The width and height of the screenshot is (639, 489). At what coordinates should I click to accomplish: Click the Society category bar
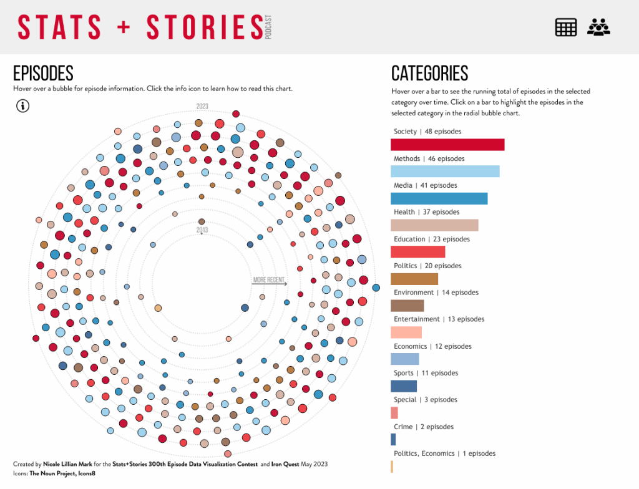(x=447, y=145)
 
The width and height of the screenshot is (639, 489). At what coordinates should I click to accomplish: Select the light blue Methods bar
(x=445, y=172)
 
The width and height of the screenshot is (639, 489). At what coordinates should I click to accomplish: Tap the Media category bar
(x=439, y=198)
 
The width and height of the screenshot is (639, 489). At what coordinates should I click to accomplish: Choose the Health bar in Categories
(x=434, y=225)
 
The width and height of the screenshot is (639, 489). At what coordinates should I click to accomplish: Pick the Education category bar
(x=417, y=252)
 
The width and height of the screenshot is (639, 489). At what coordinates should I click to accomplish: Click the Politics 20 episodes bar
(x=414, y=279)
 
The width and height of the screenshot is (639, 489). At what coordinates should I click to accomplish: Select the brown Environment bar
(x=407, y=306)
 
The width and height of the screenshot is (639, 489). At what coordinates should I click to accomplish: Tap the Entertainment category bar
(x=406, y=332)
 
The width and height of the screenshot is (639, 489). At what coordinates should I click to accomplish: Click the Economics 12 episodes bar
(x=404, y=359)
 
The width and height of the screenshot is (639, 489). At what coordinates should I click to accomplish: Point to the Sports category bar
(x=403, y=386)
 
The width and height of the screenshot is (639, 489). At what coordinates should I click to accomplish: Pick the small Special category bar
(x=394, y=413)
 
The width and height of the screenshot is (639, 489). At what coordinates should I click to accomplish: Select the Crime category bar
(x=393, y=440)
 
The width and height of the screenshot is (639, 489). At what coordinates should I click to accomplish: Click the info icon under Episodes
(x=22, y=106)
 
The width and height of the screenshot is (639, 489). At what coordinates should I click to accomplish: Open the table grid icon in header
(x=565, y=27)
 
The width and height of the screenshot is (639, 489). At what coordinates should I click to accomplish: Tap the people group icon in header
(x=598, y=27)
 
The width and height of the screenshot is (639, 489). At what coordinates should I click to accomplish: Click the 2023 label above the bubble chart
(x=202, y=106)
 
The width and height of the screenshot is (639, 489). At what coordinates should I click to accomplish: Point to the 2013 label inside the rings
(x=202, y=230)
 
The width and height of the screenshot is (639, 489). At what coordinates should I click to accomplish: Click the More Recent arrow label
(x=269, y=280)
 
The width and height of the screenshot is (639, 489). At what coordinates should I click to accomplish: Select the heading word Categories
(x=429, y=74)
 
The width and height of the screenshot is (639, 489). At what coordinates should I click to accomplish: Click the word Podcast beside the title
(x=269, y=28)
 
